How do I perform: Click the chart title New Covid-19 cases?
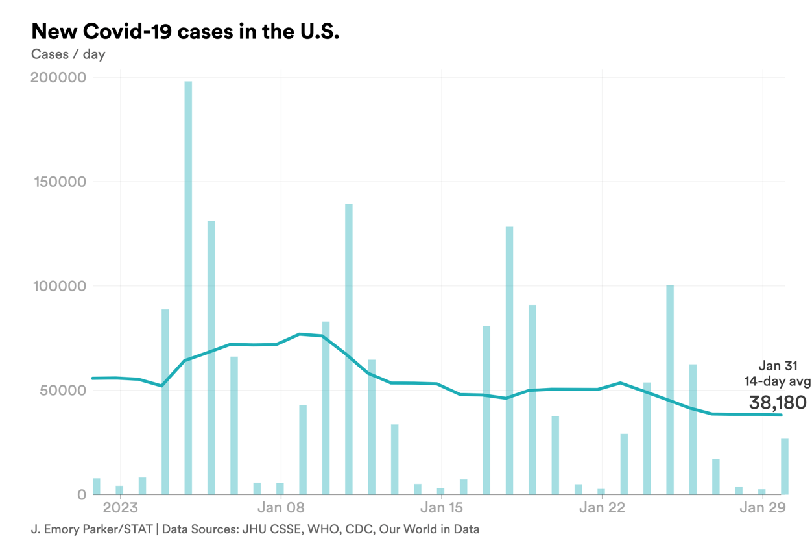(x=185, y=31)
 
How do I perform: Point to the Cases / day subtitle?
(x=68, y=54)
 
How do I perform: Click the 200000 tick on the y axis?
(x=58, y=78)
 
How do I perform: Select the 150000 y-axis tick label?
(x=58, y=182)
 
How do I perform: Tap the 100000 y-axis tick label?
(x=58, y=286)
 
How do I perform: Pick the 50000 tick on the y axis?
(x=63, y=391)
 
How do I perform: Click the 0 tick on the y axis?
(x=81, y=495)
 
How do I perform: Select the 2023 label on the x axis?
(x=121, y=507)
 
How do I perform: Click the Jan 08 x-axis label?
(x=281, y=507)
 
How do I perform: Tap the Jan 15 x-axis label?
(x=442, y=507)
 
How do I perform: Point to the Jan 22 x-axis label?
(x=602, y=507)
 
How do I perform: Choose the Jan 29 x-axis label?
(x=763, y=507)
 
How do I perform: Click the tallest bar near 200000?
(x=188, y=285)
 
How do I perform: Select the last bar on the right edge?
(x=785, y=467)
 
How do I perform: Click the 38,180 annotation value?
(x=778, y=402)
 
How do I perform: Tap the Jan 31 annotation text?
(x=778, y=367)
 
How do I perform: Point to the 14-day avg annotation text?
(x=777, y=382)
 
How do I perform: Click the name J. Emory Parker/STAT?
(x=91, y=529)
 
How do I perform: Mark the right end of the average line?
(x=782, y=415)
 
